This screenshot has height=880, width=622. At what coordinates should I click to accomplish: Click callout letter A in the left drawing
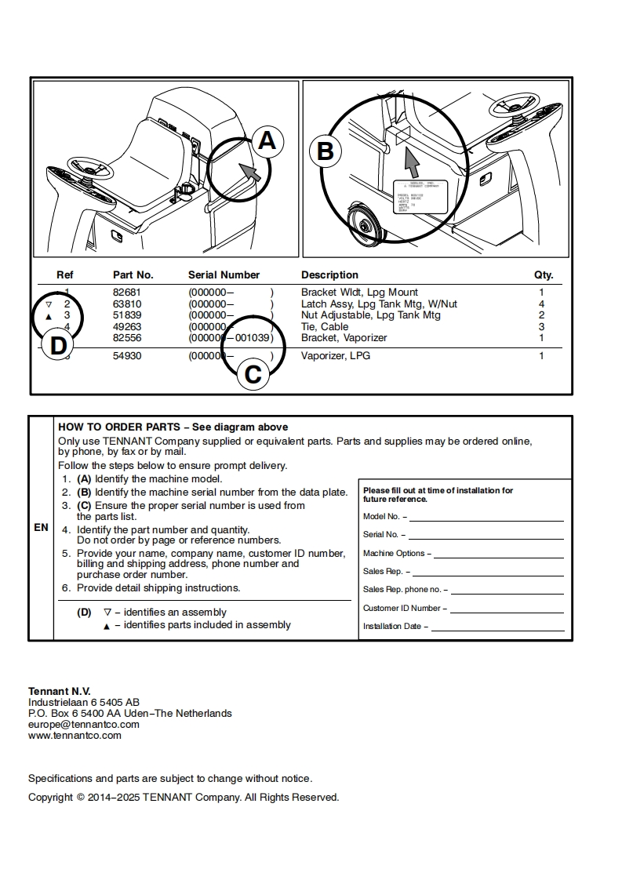(x=267, y=141)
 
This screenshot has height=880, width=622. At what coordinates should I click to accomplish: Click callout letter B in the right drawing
(x=325, y=151)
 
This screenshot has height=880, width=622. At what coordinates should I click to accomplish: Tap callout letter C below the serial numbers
(x=253, y=374)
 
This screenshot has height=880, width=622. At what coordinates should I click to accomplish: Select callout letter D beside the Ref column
(x=58, y=346)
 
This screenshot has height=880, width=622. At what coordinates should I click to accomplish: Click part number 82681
(x=127, y=293)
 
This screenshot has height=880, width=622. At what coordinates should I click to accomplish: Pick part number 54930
(x=127, y=356)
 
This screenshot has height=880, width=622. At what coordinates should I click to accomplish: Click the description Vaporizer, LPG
(x=336, y=356)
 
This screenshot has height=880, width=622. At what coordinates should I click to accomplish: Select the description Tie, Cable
(x=325, y=327)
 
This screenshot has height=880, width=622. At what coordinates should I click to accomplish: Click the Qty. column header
(x=544, y=275)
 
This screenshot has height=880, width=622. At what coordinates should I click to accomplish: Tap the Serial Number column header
(x=224, y=275)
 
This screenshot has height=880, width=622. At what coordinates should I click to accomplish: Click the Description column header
(x=329, y=275)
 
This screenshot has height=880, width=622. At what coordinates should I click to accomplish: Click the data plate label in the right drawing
(x=420, y=196)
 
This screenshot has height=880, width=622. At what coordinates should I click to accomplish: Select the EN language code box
(x=41, y=528)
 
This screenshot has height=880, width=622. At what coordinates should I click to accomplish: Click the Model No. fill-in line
(x=486, y=518)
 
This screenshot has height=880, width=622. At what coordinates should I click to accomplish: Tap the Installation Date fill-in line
(x=497, y=628)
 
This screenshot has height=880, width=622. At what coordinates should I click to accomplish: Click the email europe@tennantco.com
(x=83, y=725)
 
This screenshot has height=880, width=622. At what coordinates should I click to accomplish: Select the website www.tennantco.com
(x=75, y=736)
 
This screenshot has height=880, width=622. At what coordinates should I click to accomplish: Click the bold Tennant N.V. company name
(x=60, y=691)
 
